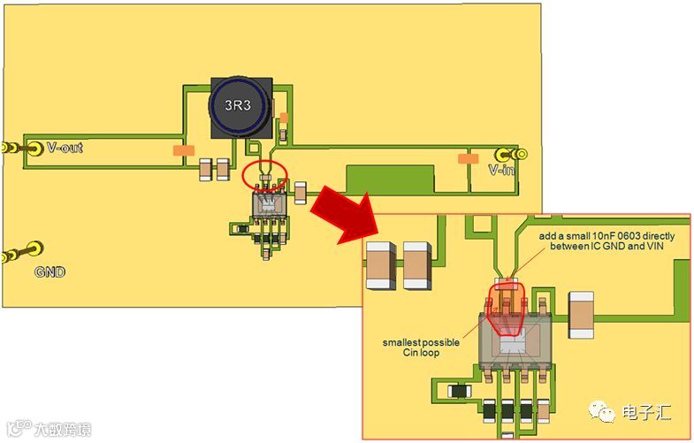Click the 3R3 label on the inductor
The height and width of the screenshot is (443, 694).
(x=240, y=104)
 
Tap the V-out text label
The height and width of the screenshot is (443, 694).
(x=65, y=148)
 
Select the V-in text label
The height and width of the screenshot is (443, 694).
(x=501, y=170)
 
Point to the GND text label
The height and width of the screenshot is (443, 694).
(x=51, y=272)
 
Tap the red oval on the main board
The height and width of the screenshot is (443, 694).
(x=264, y=173)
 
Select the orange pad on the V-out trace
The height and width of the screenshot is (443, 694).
(x=185, y=152)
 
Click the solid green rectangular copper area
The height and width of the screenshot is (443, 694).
(x=390, y=180)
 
